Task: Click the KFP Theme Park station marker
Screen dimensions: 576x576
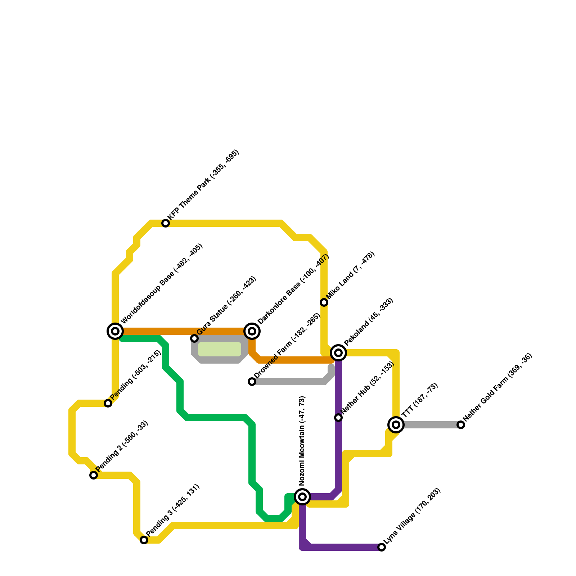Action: (x=166, y=223)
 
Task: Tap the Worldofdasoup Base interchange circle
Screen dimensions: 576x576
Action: (x=115, y=331)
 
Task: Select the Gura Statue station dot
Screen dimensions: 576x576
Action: (x=194, y=338)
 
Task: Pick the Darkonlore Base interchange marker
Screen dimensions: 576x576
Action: (x=252, y=331)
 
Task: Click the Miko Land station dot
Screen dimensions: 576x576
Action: (x=324, y=302)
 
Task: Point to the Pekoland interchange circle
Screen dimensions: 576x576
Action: (x=338, y=353)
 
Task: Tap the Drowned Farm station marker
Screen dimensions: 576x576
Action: (x=252, y=382)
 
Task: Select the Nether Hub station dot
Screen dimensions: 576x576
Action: (x=338, y=418)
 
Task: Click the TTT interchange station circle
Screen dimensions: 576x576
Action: (x=396, y=425)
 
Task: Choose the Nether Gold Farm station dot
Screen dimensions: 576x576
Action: (x=461, y=425)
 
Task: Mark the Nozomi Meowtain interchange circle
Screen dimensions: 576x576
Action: (x=302, y=497)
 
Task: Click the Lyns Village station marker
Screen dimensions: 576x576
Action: (x=382, y=547)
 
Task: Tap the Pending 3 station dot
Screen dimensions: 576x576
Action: (x=144, y=540)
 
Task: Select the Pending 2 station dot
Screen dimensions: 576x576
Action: (x=94, y=475)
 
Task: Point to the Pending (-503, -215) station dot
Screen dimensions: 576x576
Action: (x=108, y=403)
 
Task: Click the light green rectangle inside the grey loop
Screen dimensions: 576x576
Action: (x=219, y=349)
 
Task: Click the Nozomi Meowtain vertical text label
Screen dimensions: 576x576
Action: (x=302, y=441)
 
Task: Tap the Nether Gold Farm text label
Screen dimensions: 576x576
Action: (x=498, y=387)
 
